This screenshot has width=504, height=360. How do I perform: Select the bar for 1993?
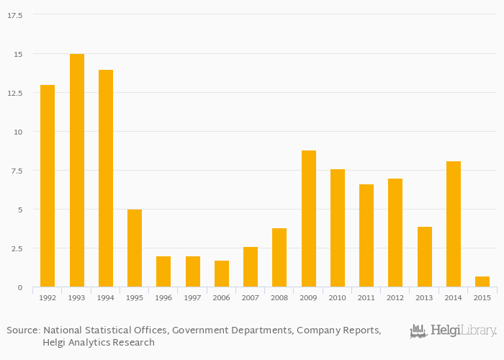(77, 171)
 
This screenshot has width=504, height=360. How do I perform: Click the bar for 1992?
(48, 186)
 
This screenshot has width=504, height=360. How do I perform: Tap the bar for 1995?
(135, 248)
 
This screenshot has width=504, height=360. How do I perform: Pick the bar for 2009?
(309, 219)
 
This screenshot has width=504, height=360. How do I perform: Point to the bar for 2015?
(482, 282)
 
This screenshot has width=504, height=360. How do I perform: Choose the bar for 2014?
(454, 224)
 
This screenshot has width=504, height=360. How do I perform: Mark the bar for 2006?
(222, 274)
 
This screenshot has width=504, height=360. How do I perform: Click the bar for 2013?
(425, 257)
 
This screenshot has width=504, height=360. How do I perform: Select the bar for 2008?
(279, 258)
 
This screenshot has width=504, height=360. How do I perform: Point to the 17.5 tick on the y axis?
(14, 15)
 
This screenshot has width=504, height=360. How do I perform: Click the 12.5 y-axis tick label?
(14, 93)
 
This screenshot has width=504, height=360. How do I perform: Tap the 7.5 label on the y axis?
(17, 171)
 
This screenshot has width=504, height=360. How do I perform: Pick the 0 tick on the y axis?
(19, 287)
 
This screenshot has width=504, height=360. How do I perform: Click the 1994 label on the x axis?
(106, 297)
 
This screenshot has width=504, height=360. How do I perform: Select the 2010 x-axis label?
(338, 297)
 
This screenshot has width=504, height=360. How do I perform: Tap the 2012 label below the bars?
(395, 297)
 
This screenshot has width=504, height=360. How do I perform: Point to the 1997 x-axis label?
(193, 297)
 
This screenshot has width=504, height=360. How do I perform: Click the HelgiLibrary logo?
(453, 331)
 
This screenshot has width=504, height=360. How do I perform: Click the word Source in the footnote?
(22, 330)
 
